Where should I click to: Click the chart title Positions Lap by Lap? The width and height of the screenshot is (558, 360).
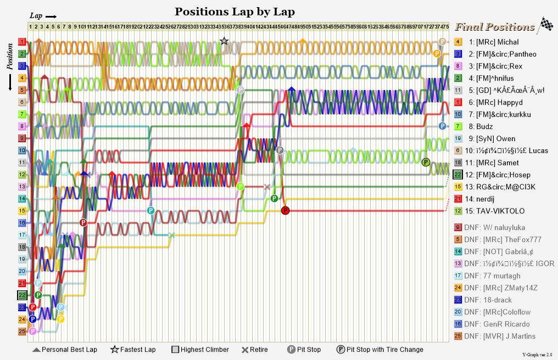tap(235, 12)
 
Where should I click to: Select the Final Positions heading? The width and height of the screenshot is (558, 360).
tap(494, 27)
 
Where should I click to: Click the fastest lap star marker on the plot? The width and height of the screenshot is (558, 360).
tap(224, 41)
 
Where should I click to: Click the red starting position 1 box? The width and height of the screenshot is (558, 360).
tap(22, 42)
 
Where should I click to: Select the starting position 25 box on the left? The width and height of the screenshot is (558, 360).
tap(22, 331)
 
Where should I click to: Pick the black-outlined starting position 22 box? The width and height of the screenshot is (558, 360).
tap(22, 295)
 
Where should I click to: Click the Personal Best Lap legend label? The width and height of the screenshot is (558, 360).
tap(69, 350)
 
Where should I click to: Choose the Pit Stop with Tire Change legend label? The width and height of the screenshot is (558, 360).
tap(385, 350)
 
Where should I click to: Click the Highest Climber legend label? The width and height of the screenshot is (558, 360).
tap(204, 350)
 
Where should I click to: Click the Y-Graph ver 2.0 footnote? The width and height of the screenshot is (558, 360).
tap(537, 355)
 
